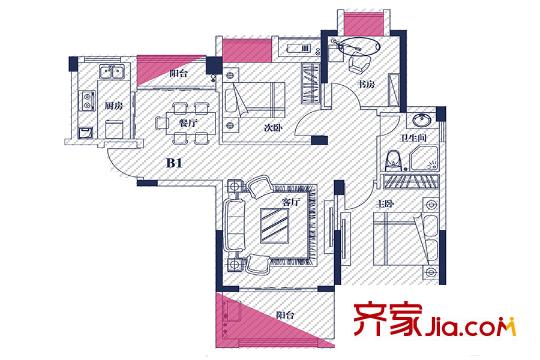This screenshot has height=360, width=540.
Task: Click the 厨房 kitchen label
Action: (85, 105)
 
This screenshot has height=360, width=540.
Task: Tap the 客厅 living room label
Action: (291, 202)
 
